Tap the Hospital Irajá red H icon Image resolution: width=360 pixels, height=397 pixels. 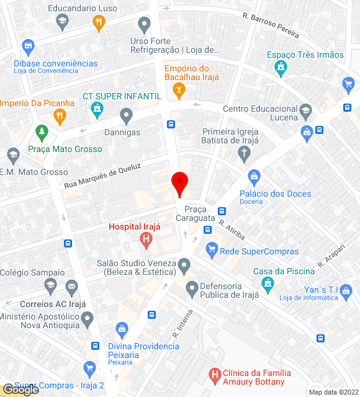pyautogui.click(x=146, y=238)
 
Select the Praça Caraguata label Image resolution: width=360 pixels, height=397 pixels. pyautogui.click(x=200, y=214)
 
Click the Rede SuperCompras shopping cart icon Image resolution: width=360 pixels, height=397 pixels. pyautogui.click(x=212, y=251)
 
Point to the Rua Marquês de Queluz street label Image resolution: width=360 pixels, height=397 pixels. pyautogui.click(x=103, y=176)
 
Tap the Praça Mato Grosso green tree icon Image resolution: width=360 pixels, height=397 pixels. pyautogui.click(x=42, y=132)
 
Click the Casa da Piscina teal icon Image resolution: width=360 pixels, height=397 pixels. pyautogui.click(x=268, y=285)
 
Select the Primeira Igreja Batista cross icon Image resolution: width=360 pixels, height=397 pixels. pyautogui.click(x=245, y=153)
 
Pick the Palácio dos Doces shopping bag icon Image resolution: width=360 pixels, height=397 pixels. pyautogui.click(x=253, y=177)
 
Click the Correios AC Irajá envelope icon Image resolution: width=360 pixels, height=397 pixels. pyautogui.click(x=71, y=287)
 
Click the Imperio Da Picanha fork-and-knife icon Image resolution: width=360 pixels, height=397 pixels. pyautogui.click(x=60, y=115)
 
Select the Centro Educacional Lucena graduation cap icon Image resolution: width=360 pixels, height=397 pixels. pyautogui.click(x=305, y=112)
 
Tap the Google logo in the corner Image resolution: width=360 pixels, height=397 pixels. pyautogui.click(x=20, y=390)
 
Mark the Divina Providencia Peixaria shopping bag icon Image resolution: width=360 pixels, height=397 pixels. pyautogui.click(x=122, y=328)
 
